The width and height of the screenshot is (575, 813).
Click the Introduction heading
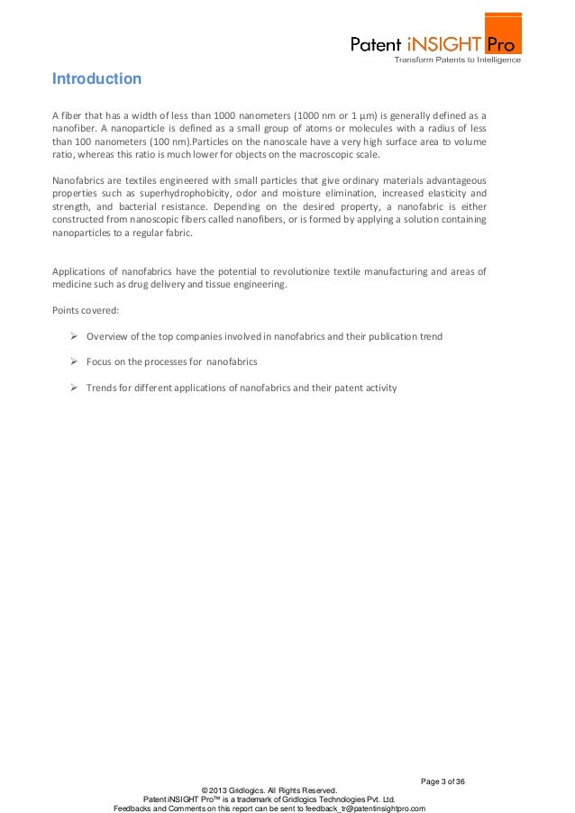click(x=96, y=79)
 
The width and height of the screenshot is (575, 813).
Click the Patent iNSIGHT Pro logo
click(x=435, y=42)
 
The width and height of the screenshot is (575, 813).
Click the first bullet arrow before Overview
click(x=75, y=336)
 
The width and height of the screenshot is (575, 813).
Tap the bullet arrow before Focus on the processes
click(x=75, y=361)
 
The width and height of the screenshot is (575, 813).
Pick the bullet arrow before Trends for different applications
click(x=75, y=388)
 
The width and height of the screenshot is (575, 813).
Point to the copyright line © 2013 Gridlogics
click(x=269, y=790)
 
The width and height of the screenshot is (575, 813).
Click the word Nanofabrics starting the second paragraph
click(x=78, y=180)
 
